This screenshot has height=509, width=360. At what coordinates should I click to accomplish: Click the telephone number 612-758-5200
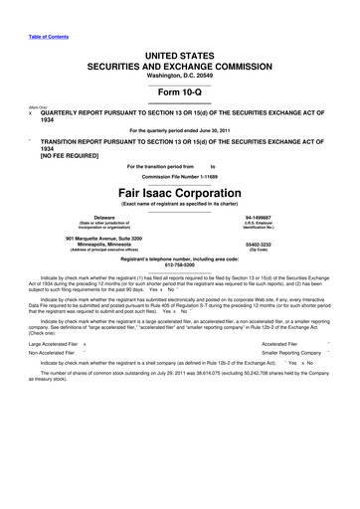click(180, 265)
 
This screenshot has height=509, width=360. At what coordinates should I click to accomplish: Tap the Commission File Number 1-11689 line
click(180, 176)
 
